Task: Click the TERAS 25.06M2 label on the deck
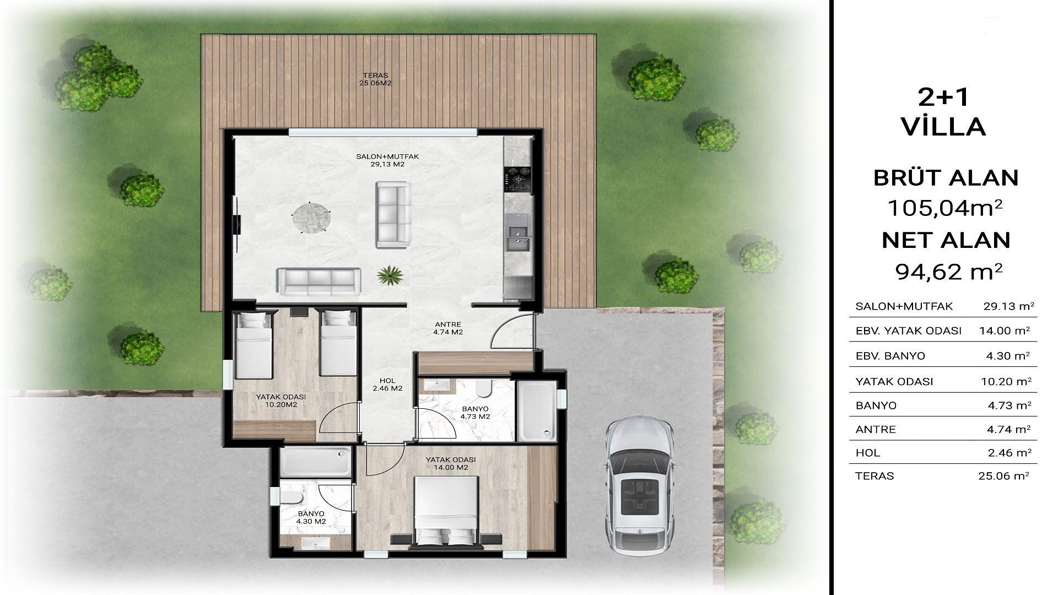[x=376, y=79]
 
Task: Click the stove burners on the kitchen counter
[x=517, y=180]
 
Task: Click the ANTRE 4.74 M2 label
[x=447, y=328]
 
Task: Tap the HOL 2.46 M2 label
[x=387, y=385]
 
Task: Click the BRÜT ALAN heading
[x=946, y=178]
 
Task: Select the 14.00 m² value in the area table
[x=1005, y=331]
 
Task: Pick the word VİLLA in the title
[x=943, y=127]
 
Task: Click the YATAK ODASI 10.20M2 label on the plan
[x=281, y=401]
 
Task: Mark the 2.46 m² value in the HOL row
[x=1009, y=453]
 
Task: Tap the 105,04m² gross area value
[x=945, y=208]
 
